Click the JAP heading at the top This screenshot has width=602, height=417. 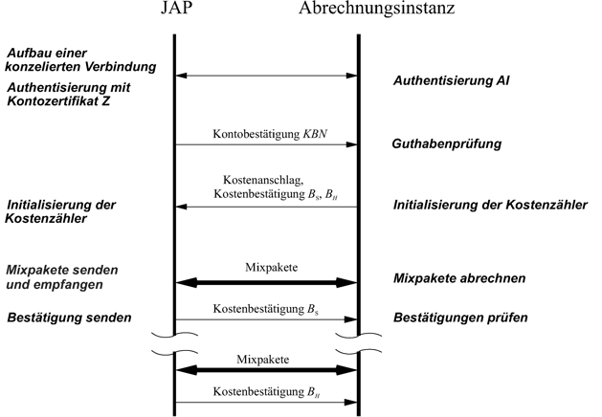coord(176,8)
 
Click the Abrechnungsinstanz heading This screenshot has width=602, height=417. coord(377,9)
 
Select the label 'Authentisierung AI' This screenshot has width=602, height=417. coord(451,80)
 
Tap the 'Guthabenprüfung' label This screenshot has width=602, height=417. coord(447,144)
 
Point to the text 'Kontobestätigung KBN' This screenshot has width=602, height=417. coord(270,134)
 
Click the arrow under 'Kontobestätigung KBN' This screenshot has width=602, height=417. coord(266,144)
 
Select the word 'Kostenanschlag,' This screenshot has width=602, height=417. coord(263,180)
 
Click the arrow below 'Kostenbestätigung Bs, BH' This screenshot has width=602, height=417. coord(266,207)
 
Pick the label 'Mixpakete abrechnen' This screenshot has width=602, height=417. coord(459,278)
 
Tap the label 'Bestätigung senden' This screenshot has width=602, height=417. coord(69,318)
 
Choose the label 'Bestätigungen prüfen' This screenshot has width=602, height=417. coord(460,318)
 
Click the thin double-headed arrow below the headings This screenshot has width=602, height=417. coord(266,76)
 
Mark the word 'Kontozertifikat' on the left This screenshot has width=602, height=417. coord(53,101)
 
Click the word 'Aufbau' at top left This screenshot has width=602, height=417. coord(27,53)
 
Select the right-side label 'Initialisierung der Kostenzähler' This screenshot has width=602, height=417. coord(490,205)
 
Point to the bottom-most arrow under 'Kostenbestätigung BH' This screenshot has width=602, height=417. coord(266,403)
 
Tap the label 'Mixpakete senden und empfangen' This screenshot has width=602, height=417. coord(62,277)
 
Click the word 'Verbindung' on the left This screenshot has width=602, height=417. coord(121,67)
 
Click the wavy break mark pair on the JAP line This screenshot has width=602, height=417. coord(175,343)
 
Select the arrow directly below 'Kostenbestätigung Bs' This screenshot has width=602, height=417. coord(266,319)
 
